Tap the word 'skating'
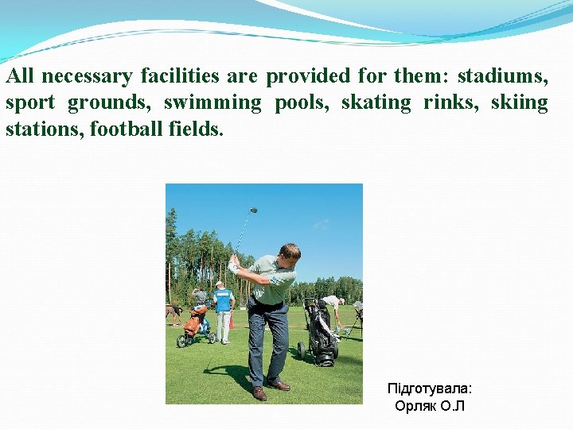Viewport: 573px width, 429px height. pyautogui.click(x=376, y=102)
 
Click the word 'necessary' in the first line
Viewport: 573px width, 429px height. pyautogui.click(x=88, y=76)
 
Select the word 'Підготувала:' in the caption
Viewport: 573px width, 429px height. pyautogui.click(x=429, y=388)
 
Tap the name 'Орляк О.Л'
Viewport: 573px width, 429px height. pyautogui.click(x=429, y=406)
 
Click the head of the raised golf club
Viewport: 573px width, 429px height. pyautogui.click(x=254, y=211)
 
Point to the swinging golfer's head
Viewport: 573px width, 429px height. pyautogui.click(x=290, y=253)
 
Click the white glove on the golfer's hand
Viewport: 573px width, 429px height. pyautogui.click(x=233, y=265)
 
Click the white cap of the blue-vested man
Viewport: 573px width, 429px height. pyautogui.click(x=219, y=283)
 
